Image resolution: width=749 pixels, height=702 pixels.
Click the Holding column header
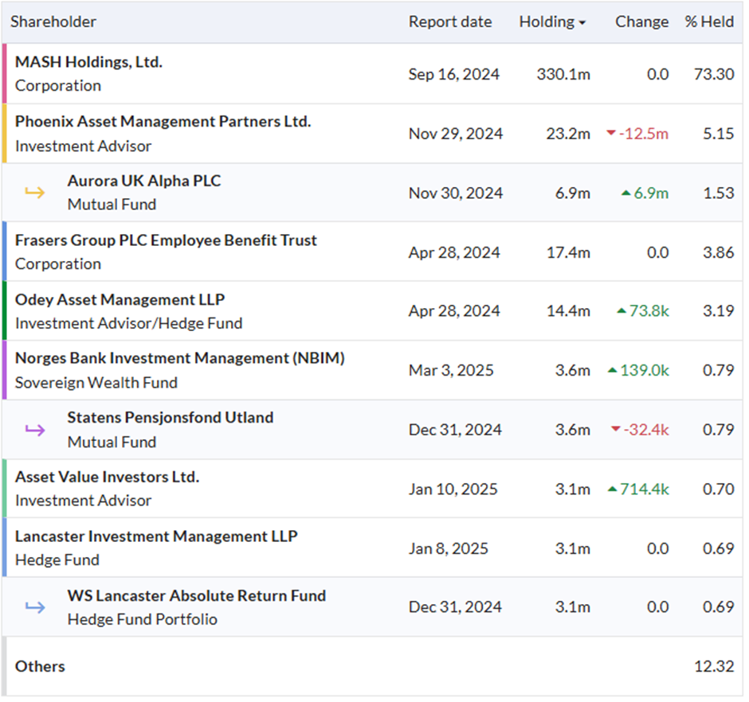547,22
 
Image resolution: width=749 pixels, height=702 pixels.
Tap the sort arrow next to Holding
582,23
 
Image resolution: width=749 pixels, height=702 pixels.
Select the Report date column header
450,22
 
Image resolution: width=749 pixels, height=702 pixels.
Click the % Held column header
709,22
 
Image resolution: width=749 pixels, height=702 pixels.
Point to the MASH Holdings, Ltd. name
89,62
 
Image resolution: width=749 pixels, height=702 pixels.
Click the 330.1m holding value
563,75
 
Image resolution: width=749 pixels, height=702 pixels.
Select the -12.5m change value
644,134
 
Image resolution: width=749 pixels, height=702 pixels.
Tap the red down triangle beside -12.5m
611,133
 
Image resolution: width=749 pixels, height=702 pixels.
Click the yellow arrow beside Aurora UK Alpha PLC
35,193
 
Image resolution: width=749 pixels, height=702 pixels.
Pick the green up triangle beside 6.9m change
625,193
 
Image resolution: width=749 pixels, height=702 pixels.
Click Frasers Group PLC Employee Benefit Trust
166,240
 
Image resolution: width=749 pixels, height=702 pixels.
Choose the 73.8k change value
649,311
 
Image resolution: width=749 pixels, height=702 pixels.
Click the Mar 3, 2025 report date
452,370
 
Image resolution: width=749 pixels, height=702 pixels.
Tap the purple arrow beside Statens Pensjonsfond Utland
35,430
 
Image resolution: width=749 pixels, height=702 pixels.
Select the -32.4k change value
646,430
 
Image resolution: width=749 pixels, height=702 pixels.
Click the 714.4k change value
645,489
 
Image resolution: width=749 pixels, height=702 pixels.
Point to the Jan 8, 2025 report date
449,549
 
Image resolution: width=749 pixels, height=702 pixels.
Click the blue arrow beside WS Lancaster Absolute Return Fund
35,607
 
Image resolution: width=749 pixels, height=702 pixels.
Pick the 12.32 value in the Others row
714,666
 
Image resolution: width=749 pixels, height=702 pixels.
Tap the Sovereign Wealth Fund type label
96,383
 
